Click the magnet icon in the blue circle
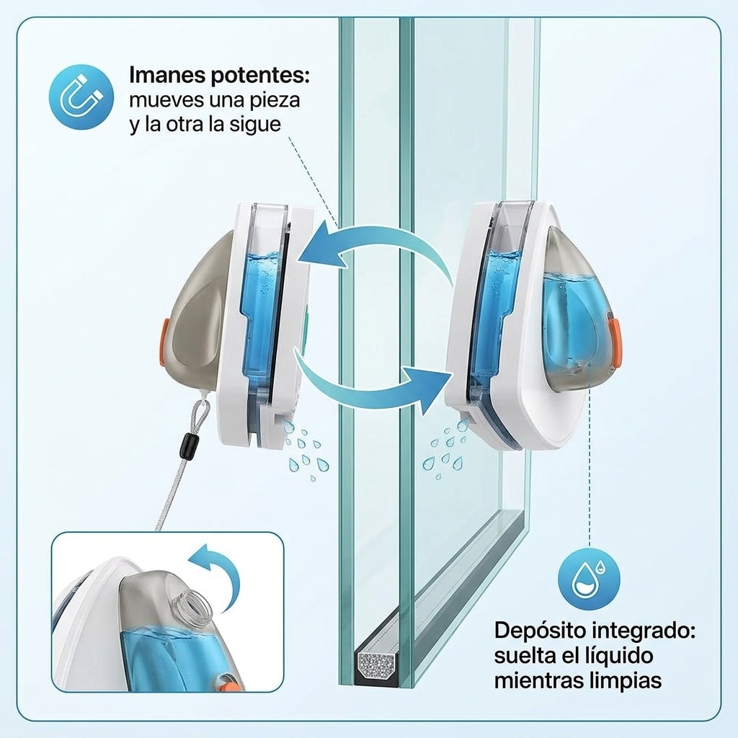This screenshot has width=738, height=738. (x=81, y=97)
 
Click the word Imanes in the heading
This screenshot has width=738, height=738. (x=167, y=75)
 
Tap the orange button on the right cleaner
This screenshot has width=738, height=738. (x=616, y=341)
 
